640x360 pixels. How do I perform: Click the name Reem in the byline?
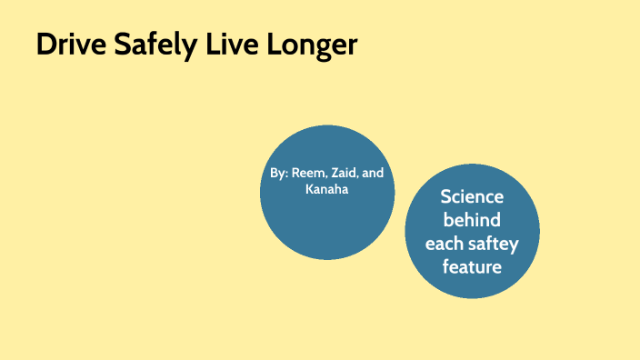pos(307,173)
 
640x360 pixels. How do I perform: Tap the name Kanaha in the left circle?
pos(326,189)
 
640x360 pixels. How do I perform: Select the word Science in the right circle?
pos(472,196)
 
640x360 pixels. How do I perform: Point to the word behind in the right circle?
pos(472,220)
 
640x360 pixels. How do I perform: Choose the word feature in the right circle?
pos(472,267)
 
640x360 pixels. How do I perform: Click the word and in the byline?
pos(373,173)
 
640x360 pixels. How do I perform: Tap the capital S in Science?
pos(445,196)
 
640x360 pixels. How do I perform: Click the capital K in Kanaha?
pos(309,189)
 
